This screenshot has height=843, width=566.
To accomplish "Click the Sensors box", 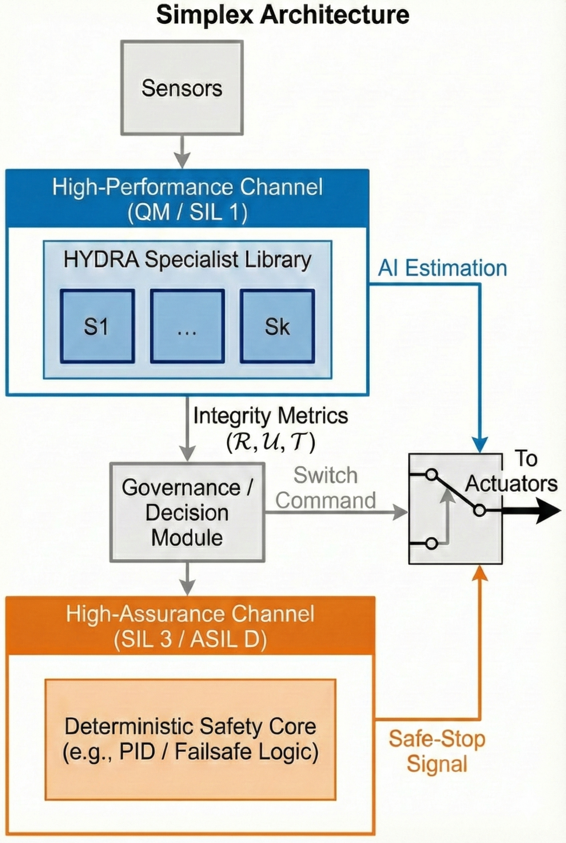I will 182,88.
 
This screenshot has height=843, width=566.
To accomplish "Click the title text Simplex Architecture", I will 283,15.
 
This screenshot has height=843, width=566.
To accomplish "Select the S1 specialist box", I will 97,326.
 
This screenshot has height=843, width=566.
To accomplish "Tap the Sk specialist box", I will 277,326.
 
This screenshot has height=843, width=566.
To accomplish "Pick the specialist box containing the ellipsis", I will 187,326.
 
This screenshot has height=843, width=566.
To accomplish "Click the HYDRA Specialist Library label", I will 187,260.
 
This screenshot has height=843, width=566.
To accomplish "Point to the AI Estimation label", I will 442,268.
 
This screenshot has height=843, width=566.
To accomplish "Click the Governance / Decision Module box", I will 187,512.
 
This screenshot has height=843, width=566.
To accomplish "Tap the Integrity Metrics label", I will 271,415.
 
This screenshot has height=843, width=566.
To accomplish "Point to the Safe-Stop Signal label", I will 437,751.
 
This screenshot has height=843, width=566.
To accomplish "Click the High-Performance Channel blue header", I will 187,198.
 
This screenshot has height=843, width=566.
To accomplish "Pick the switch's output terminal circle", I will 479,511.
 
